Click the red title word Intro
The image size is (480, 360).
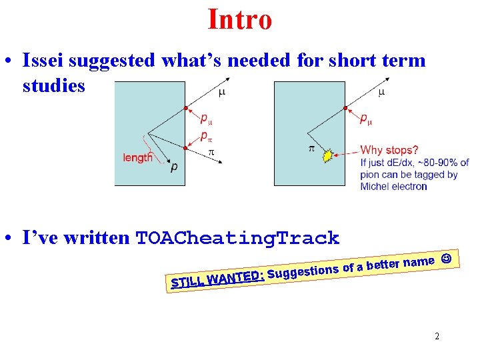(240, 19)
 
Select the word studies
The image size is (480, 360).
(53, 86)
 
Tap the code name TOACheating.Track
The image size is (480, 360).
(237, 238)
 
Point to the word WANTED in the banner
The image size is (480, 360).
(235, 277)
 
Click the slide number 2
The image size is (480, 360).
(437, 336)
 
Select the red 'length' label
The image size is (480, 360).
(137, 158)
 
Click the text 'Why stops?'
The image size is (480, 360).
(389, 150)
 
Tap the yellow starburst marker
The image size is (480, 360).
(327, 156)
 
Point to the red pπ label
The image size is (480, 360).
(207, 137)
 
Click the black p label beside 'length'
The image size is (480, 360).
(175, 167)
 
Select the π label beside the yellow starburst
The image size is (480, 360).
(311, 148)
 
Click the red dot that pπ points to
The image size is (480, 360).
(185, 147)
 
